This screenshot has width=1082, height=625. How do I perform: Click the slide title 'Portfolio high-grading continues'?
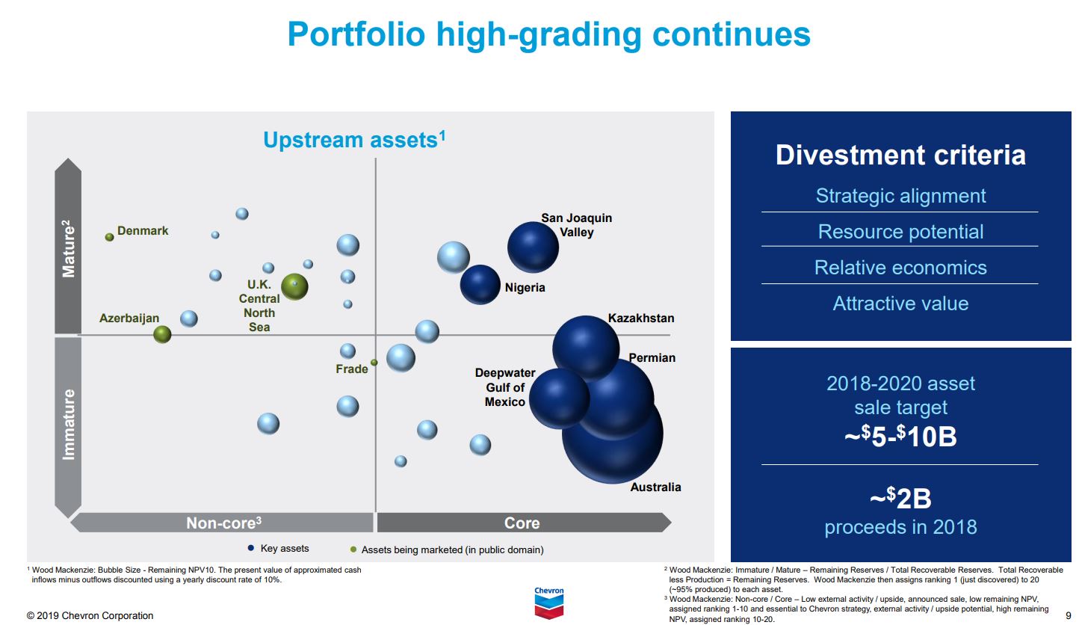click(548, 34)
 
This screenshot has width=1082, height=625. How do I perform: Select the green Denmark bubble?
click(109, 237)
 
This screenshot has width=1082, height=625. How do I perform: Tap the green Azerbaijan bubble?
click(162, 334)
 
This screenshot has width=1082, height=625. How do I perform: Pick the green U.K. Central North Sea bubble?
click(294, 286)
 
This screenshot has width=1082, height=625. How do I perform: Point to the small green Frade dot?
click(374, 363)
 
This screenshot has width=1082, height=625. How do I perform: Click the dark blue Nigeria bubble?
click(480, 285)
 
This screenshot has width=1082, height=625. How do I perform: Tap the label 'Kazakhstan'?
click(640, 318)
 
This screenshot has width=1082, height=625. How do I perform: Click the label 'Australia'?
click(655, 487)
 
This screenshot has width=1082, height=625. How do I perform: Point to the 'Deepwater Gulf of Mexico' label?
click(505, 387)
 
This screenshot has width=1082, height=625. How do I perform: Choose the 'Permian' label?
click(652, 358)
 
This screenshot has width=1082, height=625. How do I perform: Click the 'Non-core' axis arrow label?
click(223, 523)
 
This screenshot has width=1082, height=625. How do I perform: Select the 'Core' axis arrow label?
click(522, 523)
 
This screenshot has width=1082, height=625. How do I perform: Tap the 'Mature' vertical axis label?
click(68, 248)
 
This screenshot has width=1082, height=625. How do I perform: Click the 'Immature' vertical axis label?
click(69, 424)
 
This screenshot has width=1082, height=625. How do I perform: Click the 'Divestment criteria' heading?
click(900, 156)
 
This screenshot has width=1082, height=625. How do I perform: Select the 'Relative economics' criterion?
click(900, 268)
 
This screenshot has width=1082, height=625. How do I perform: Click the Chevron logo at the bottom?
click(549, 603)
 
